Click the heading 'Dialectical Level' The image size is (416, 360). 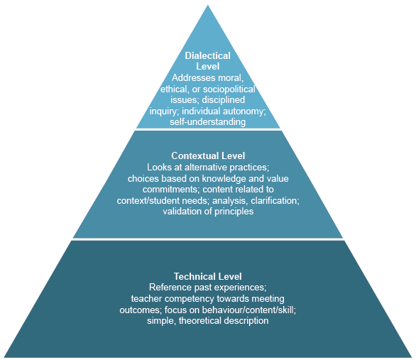[208, 60]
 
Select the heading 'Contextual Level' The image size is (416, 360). [208, 156]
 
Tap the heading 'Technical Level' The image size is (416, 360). [208, 276]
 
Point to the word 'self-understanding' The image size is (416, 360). [208, 122]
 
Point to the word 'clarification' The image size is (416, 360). [273, 200]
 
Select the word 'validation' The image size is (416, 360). [186, 211]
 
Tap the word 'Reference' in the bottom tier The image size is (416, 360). [171, 287]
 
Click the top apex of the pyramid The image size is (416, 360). [208, 6]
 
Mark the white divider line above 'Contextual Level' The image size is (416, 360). [208, 129]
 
